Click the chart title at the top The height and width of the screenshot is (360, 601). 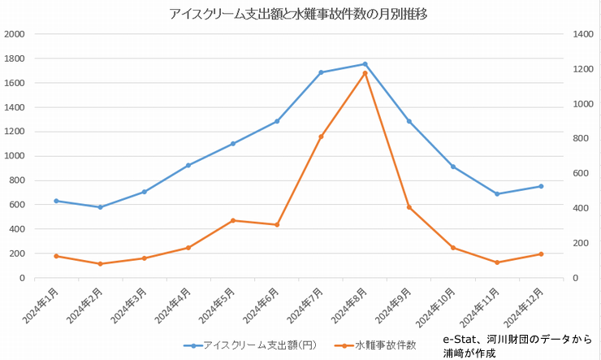(298, 14)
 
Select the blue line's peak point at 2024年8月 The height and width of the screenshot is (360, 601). (365, 64)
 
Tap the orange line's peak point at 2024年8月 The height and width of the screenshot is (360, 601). (365, 73)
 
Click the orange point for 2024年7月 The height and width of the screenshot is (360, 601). (321, 137)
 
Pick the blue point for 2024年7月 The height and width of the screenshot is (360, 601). (321, 72)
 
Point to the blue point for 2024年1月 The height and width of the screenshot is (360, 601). (56, 201)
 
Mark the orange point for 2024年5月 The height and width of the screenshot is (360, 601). (232, 220)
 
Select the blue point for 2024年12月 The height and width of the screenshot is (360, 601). (541, 186)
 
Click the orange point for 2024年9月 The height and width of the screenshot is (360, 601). (409, 207)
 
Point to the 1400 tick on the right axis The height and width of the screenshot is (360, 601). (582, 34)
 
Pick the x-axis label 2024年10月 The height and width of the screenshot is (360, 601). (439, 307)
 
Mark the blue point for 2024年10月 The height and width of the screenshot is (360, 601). (453, 167)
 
